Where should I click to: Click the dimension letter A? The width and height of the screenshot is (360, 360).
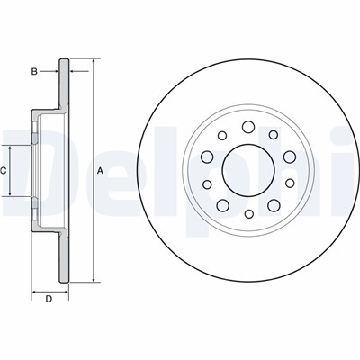[101, 171]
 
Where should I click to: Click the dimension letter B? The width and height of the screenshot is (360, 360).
[34, 71]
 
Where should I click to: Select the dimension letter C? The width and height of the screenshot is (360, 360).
[3, 171]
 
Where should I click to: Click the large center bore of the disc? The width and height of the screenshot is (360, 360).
[248, 170]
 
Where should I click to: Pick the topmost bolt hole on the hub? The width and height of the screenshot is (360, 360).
[248, 127]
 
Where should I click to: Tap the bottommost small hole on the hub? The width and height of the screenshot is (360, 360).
[249, 214]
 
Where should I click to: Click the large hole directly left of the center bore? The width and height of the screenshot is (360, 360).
[207, 157]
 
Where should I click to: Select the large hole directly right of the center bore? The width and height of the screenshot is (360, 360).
[290, 157]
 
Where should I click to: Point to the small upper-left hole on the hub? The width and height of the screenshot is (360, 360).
[222, 136]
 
